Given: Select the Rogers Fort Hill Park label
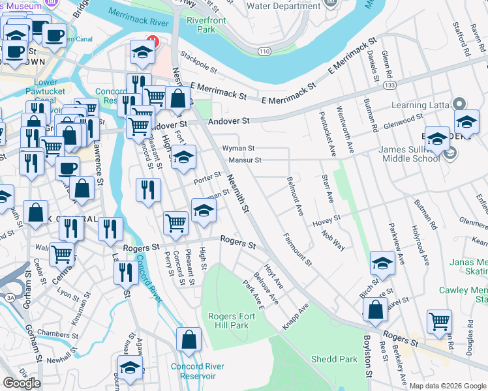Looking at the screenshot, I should (228, 321).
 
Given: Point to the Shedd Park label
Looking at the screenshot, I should (334, 359).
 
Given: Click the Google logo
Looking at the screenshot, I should (22, 383).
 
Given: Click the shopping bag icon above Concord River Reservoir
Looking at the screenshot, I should (189, 340).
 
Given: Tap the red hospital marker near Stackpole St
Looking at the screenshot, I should (153, 39).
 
